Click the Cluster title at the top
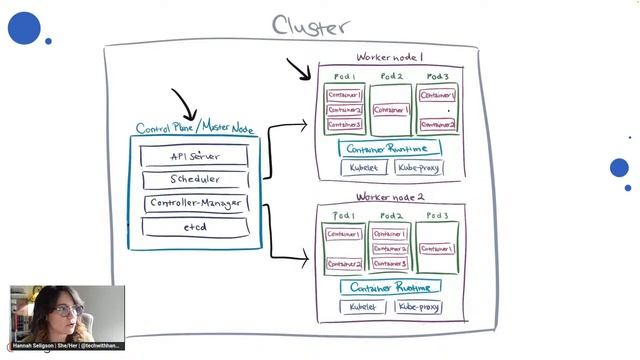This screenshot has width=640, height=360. (311, 25)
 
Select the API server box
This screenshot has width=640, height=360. (194, 156)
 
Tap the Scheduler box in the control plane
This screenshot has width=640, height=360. (194, 180)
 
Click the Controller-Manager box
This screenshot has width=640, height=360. (194, 204)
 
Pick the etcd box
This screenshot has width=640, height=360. (194, 228)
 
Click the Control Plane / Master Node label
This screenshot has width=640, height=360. (194, 129)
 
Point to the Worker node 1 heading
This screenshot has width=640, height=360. (390, 58)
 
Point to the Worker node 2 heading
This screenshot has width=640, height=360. (390, 198)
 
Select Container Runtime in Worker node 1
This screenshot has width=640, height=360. (389, 148)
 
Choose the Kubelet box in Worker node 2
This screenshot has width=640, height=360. (362, 307)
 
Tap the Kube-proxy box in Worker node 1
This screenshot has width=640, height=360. (418, 168)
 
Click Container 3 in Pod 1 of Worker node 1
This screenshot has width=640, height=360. (344, 125)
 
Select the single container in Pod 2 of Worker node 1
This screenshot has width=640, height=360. (391, 110)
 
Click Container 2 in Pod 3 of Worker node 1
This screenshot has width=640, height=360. (438, 125)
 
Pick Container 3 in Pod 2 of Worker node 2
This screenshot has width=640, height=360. (390, 264)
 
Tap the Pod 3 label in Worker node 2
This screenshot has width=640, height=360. (437, 216)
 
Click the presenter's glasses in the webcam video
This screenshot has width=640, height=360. (66, 311)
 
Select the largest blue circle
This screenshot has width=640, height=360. (24, 28)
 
